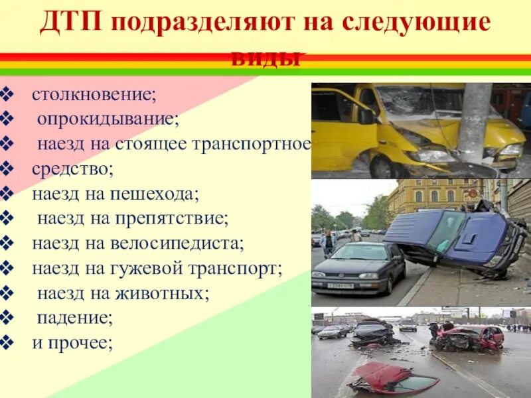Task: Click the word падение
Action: [75, 318]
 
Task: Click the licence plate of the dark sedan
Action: [341, 285]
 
